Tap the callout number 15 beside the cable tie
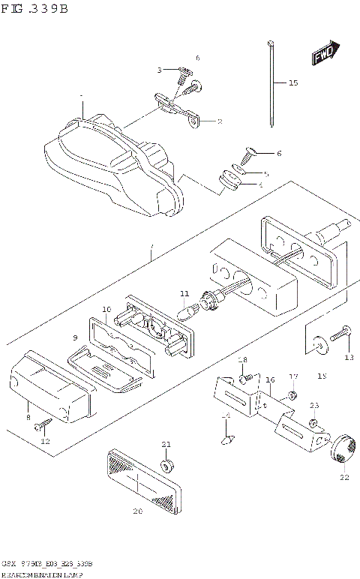(x=292, y=82)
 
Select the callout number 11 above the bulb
(x=184, y=293)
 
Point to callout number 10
(x=106, y=309)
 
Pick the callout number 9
(x=75, y=337)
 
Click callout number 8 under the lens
(x=28, y=417)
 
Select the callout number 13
(x=348, y=358)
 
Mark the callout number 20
(x=136, y=512)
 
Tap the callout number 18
(x=242, y=361)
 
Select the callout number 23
(x=313, y=406)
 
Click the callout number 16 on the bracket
(x=270, y=380)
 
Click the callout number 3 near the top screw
(x=160, y=70)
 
